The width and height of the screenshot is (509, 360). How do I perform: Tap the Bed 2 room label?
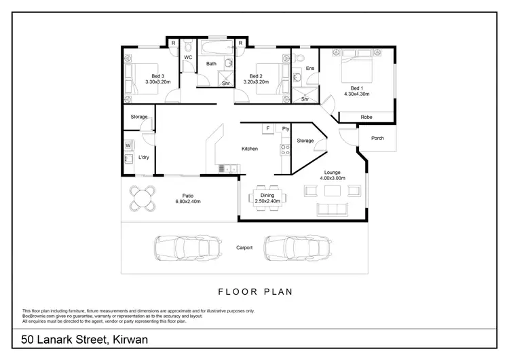click(256, 75)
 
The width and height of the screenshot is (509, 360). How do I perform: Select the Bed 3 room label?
click(139, 75)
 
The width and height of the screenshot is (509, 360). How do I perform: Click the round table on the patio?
click(142, 198)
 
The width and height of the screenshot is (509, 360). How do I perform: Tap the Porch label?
click(377, 139)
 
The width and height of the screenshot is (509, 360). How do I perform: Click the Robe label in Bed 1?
click(366, 117)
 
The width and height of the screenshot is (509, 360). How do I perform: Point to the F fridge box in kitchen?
click(268, 128)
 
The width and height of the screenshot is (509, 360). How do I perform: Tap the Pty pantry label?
click(286, 128)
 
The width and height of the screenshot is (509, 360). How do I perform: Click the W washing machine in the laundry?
click(128, 145)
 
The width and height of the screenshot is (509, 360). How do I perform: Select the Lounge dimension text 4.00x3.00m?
click(333, 178)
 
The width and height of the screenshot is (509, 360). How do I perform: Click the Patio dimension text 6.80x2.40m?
click(188, 201)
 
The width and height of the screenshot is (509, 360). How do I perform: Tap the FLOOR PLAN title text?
click(254, 292)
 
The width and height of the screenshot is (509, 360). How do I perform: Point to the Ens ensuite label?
click(309, 69)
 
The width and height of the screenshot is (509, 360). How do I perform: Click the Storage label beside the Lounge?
click(305, 141)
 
